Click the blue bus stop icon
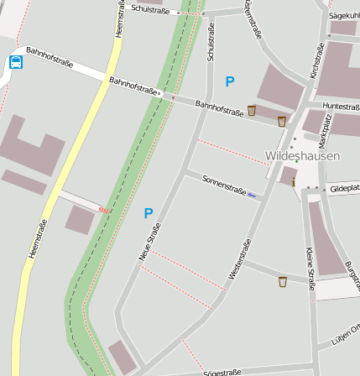[16, 61]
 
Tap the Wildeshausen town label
[302, 156]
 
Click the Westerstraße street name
[240, 259]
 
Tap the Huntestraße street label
[341, 107]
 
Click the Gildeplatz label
[344, 189]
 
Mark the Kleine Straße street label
[310, 268]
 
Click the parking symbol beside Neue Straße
[149, 213]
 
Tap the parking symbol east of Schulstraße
[229, 81]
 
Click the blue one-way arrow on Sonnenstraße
[252, 196]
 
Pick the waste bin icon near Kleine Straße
[283, 281]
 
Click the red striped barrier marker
[104, 209]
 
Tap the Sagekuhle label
[344, 15]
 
